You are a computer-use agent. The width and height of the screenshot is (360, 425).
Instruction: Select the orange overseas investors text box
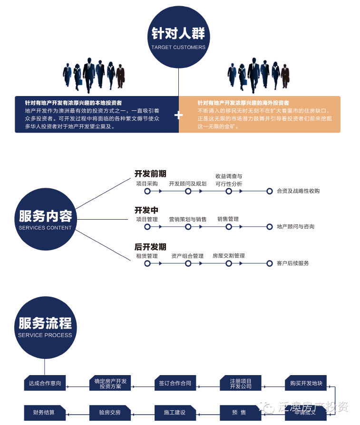(260, 115)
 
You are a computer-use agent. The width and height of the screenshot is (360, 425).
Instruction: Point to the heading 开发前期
(150, 174)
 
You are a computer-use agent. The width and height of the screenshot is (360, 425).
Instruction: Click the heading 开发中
(146, 210)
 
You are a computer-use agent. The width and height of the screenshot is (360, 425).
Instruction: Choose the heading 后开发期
(150, 247)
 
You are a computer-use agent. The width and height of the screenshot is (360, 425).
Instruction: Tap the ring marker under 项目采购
(147, 191)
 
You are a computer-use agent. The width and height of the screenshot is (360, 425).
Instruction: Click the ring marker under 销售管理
(229, 227)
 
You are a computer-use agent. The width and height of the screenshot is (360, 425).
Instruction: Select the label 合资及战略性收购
(298, 191)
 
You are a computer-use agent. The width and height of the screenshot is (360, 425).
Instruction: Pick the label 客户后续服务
(293, 263)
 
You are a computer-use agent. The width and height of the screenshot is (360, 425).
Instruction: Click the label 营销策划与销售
(188, 219)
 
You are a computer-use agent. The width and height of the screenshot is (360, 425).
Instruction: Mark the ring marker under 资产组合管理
(188, 263)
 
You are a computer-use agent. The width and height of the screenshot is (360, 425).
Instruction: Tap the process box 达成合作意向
(45, 383)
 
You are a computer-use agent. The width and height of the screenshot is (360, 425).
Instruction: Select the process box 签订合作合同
(175, 383)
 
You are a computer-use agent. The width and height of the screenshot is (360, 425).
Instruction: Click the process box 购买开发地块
(306, 383)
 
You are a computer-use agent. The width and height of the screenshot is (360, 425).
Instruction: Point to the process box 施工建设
(175, 412)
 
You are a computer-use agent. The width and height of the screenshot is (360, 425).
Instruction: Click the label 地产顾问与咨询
(296, 227)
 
